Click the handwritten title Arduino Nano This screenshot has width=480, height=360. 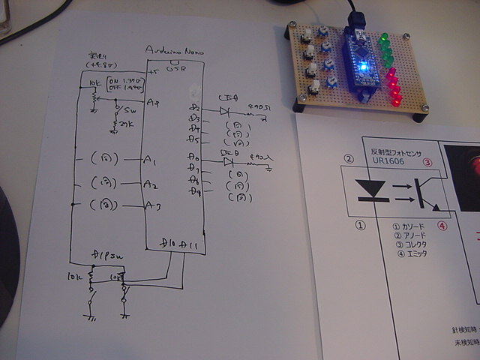click(172, 50)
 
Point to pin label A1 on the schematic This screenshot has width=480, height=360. click(150, 160)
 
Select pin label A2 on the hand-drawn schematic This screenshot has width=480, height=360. click(151, 184)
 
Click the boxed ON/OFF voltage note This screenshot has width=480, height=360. click(124, 85)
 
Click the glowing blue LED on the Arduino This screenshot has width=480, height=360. click(363, 67)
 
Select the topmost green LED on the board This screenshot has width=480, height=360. click(384, 38)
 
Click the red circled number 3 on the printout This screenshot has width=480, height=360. click(427, 161)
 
